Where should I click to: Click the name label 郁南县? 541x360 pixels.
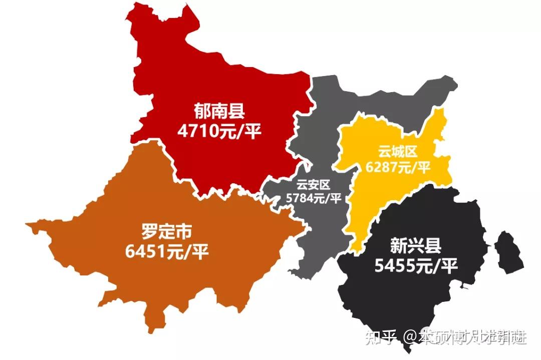point(219,111)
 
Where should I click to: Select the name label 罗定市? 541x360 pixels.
point(167,232)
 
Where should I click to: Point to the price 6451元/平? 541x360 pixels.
point(167,252)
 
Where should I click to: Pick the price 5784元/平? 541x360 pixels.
point(313,198)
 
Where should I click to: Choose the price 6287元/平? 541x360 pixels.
point(398,167)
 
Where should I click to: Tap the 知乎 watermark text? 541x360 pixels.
point(381,337)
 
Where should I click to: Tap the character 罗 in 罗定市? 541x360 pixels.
point(150,232)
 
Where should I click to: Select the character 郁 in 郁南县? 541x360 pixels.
point(202,111)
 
